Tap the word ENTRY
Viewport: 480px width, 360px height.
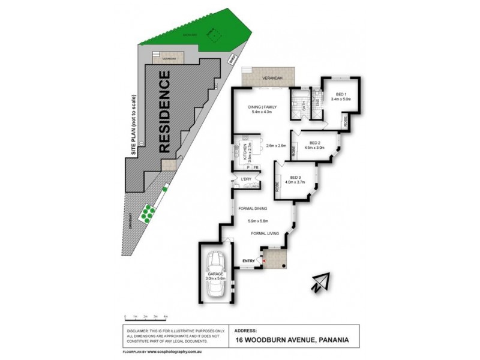click(248, 260)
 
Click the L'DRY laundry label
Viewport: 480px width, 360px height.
click(245, 179)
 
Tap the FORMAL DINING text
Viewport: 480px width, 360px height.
click(253, 209)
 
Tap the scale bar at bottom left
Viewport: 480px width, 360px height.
click(146, 318)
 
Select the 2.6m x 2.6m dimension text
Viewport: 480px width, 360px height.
click(275, 145)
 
